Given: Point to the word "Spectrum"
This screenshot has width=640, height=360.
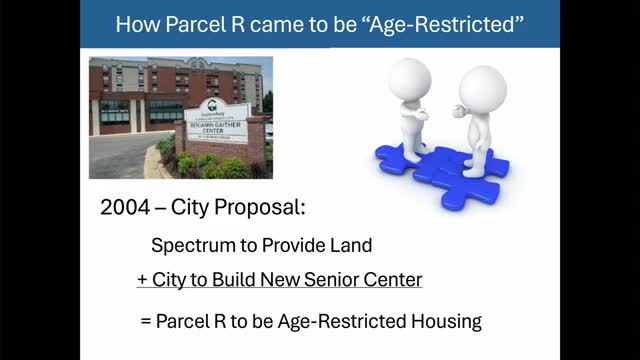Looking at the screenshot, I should (x=189, y=244).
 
